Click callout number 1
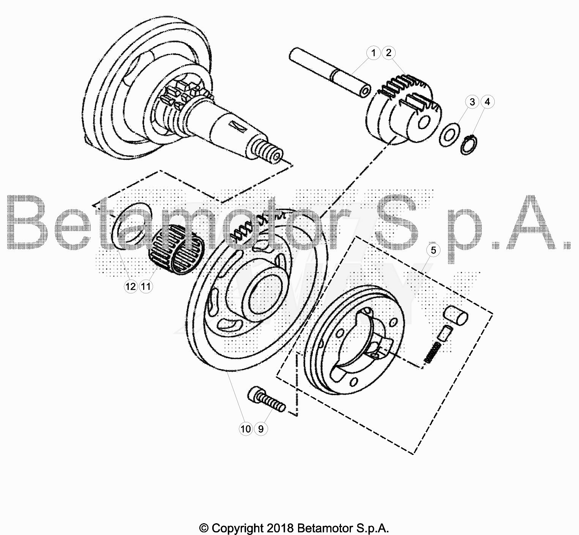tap(374, 53)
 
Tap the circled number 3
tap(472, 102)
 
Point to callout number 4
tap(487, 102)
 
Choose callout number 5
tap(433, 250)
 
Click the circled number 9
tap(261, 429)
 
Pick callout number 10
tap(246, 429)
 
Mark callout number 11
tap(146, 286)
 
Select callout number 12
tap(131, 286)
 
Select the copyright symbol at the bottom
tap(204, 528)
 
